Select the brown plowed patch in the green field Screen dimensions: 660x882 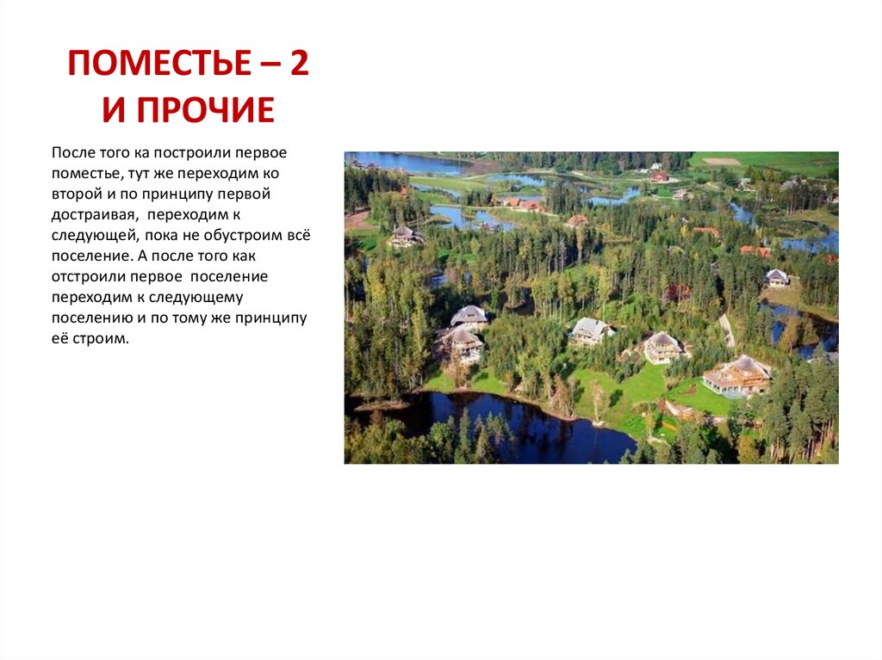click(x=722, y=161)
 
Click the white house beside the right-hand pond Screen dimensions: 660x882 click(x=777, y=277)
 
